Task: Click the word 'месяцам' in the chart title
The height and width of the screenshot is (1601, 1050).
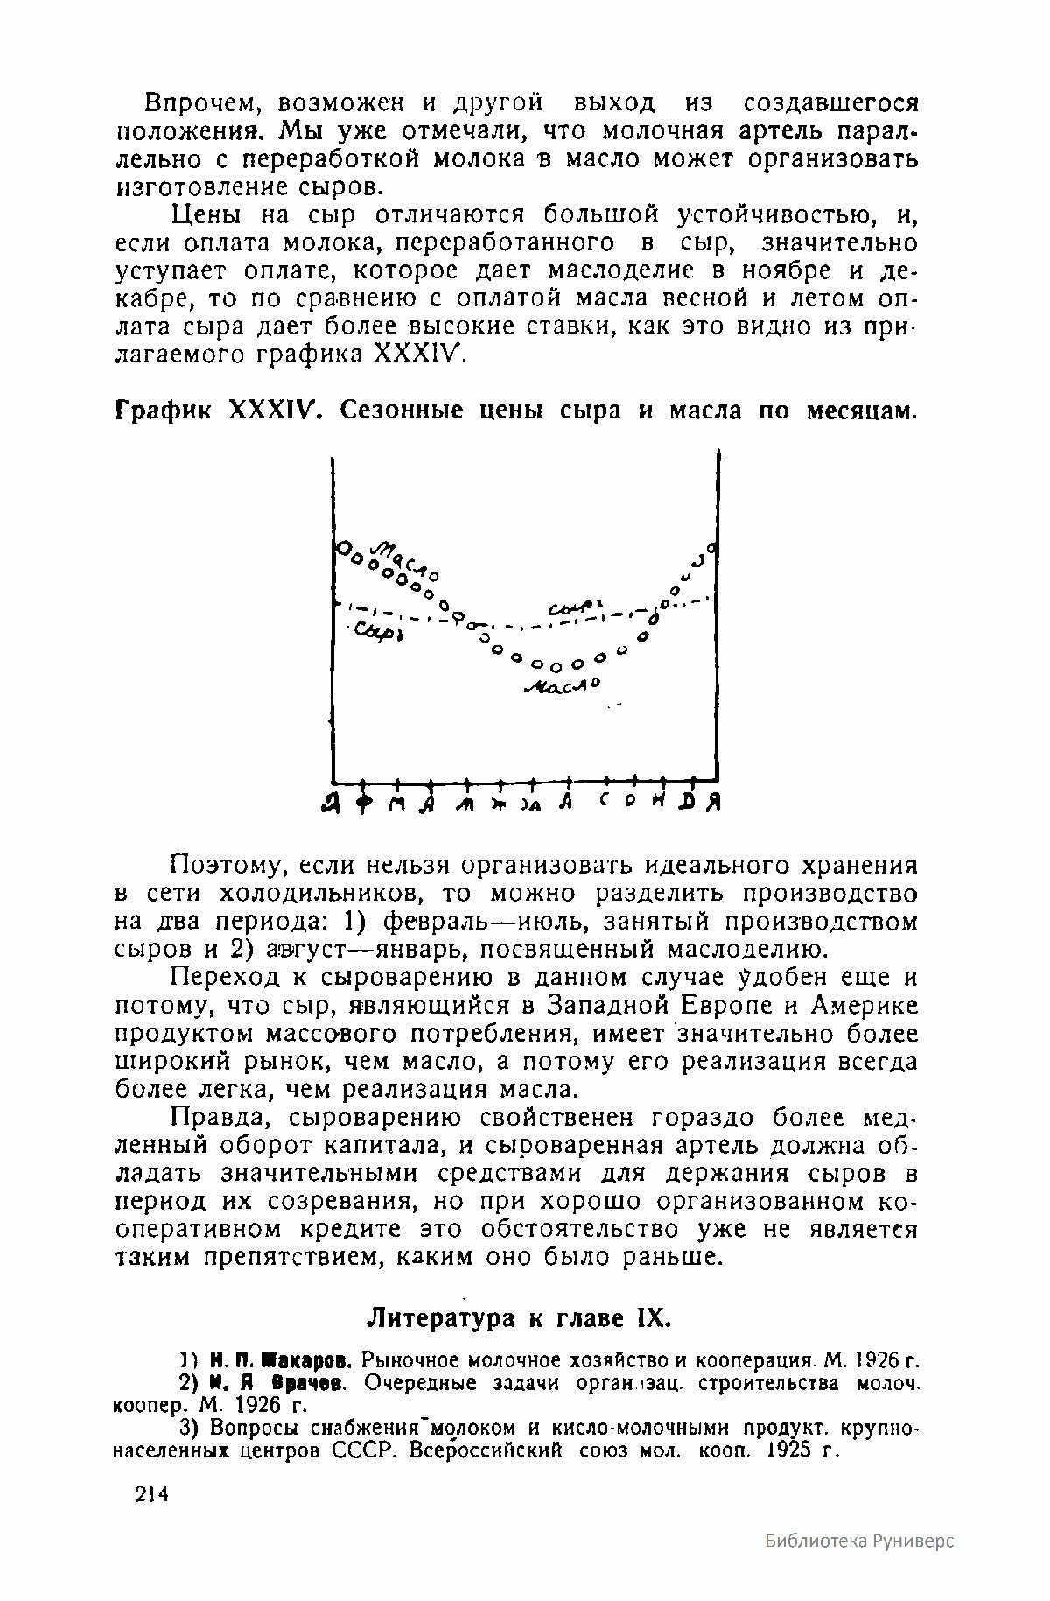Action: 855,410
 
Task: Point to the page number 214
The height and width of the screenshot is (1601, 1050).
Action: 150,1495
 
